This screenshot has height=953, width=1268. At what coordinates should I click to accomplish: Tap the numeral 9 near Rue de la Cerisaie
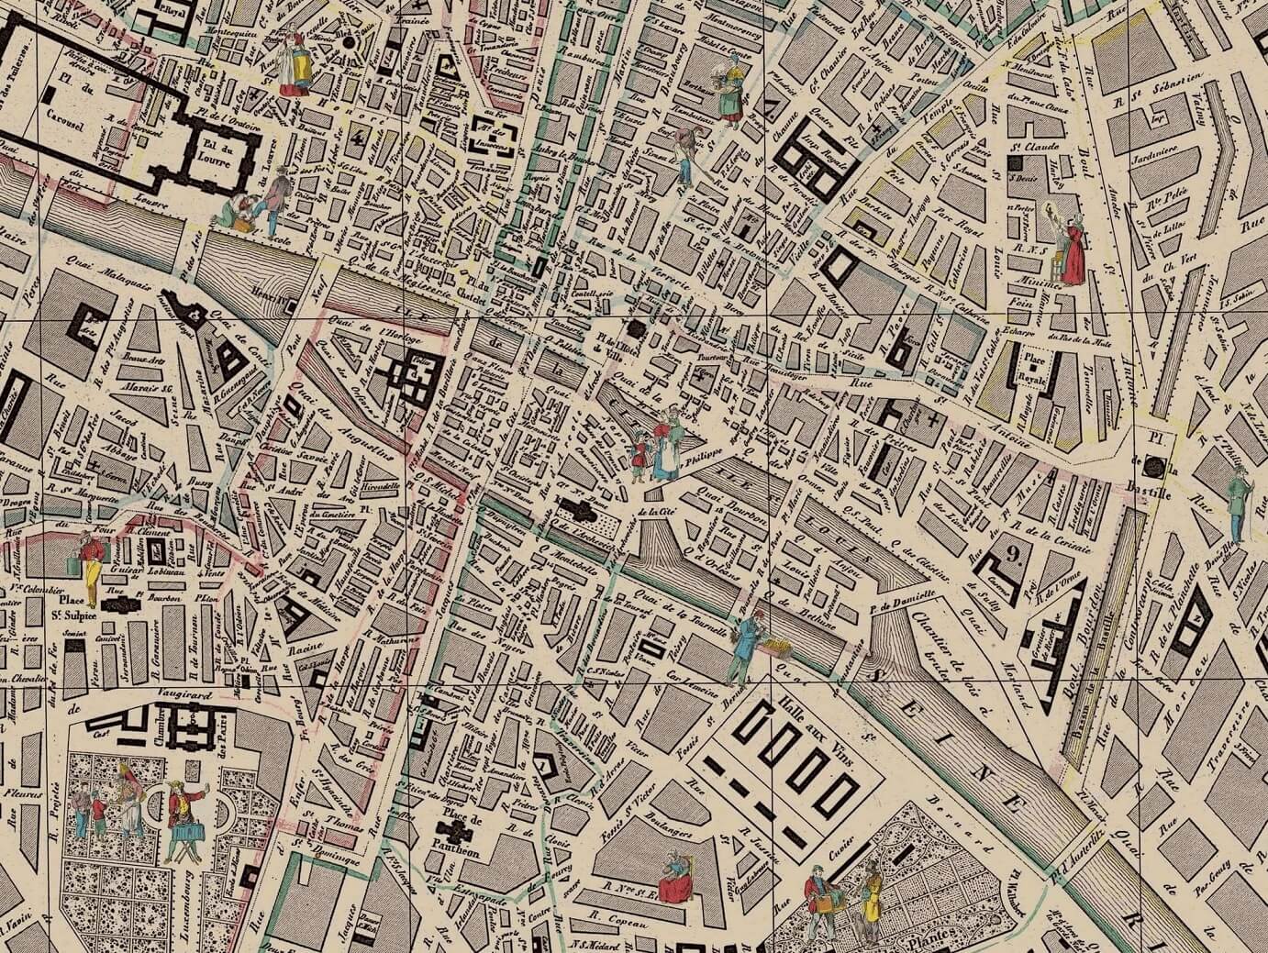[x=1012, y=552]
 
